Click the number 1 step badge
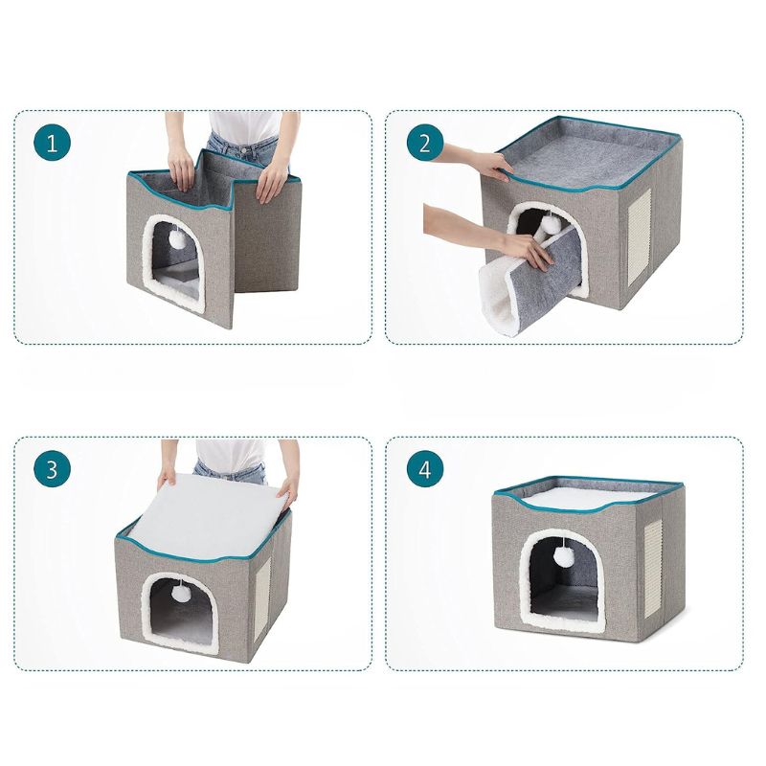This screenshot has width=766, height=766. [53, 143]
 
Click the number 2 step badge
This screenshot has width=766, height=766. [425, 143]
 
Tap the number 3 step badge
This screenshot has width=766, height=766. [53, 469]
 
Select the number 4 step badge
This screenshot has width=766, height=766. [425, 469]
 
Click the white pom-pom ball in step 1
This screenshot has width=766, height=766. [176, 239]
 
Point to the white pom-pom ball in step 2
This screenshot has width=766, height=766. [551, 224]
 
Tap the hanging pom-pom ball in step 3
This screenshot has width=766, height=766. [179, 594]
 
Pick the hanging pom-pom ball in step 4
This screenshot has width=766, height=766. [563, 556]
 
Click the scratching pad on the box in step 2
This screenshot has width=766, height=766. [639, 237]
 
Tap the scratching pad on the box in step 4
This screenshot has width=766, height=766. [653, 569]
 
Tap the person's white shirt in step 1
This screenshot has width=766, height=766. [244, 126]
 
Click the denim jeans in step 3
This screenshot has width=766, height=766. [230, 471]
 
